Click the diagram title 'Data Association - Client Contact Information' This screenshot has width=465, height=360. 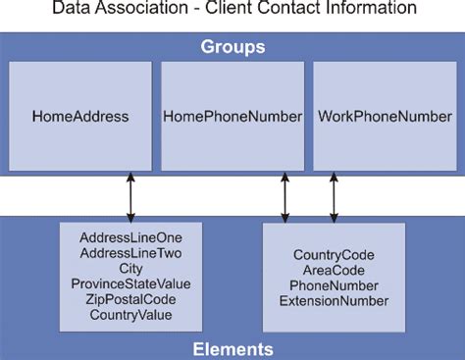coord(232,9)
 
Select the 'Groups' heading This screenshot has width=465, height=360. coord(232,47)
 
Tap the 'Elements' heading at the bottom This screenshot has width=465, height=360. coord(232,348)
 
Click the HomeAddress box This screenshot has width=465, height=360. coord(80,116)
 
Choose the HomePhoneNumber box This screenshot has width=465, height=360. coord(232,116)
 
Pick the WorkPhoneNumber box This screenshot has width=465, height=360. coord(384,116)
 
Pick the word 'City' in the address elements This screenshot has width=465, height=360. coord(130,268)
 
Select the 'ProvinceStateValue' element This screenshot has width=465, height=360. coord(130,283)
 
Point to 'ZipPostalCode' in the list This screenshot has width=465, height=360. coord(130,299)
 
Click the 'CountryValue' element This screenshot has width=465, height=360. coord(130,315)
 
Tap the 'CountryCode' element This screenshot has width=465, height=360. coord(334,256)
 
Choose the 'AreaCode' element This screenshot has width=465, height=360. coord(334,271)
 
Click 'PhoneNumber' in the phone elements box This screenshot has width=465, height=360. coord(334,285)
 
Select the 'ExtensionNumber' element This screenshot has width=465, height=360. coord(334,301)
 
